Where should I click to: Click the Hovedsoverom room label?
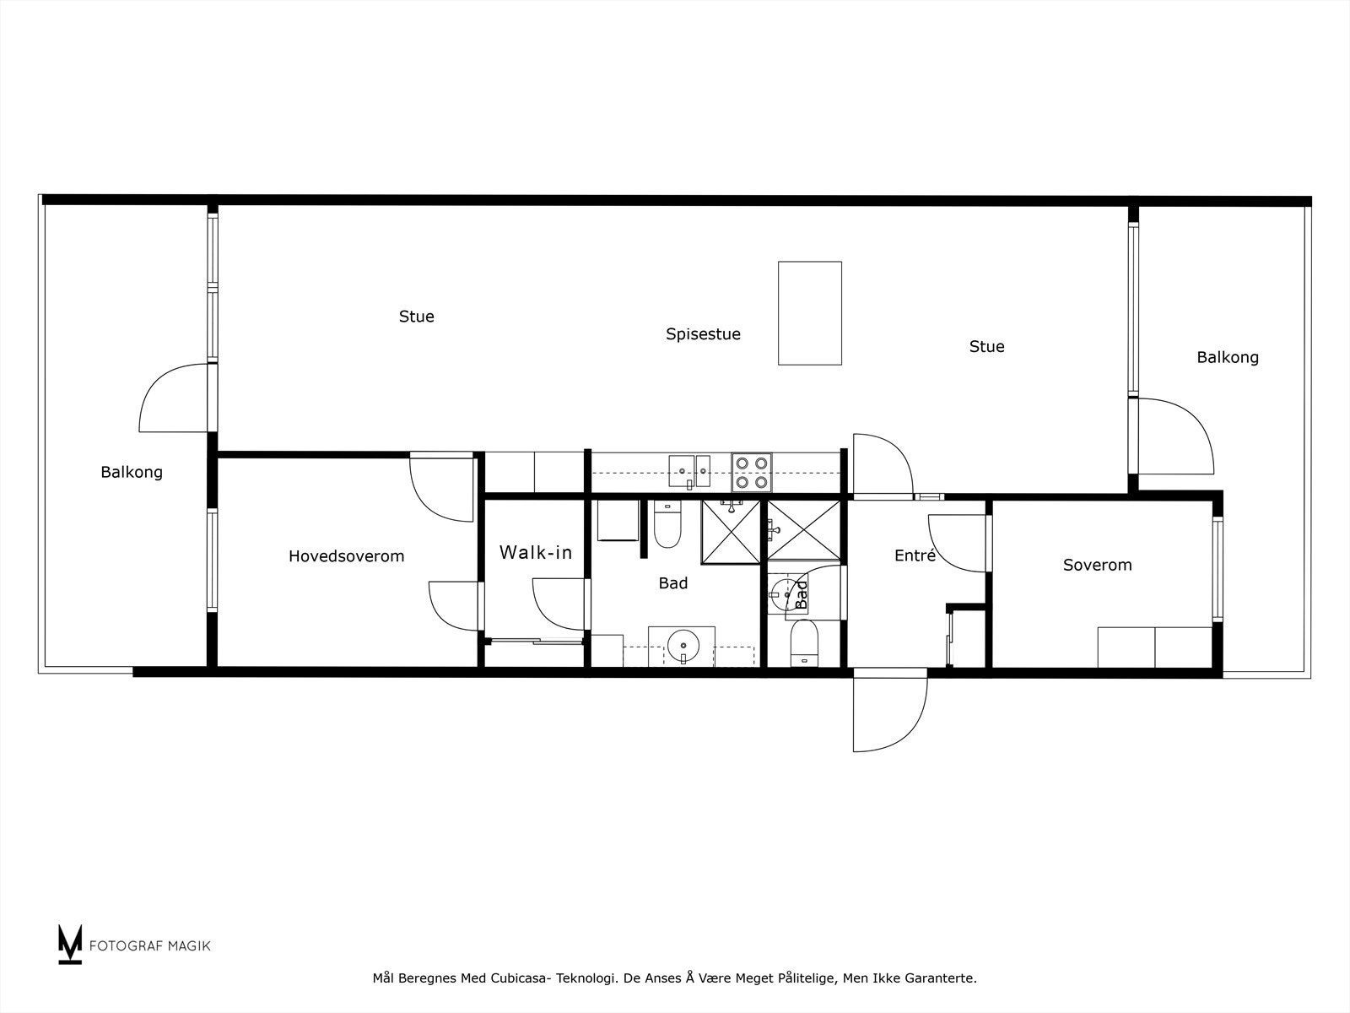[x=346, y=556]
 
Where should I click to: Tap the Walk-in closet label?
[x=536, y=553]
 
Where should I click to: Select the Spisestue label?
[x=703, y=334]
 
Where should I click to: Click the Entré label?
[x=915, y=556]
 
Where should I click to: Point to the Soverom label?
[x=1097, y=566]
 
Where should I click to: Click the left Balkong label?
[x=132, y=473]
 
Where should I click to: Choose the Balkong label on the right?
[x=1228, y=358]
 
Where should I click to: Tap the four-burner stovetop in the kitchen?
[x=752, y=473]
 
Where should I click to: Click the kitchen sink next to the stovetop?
[x=689, y=471]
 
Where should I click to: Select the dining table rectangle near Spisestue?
[x=810, y=313]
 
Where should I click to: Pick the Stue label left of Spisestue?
[x=417, y=317]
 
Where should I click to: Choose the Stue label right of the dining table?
[x=986, y=347]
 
